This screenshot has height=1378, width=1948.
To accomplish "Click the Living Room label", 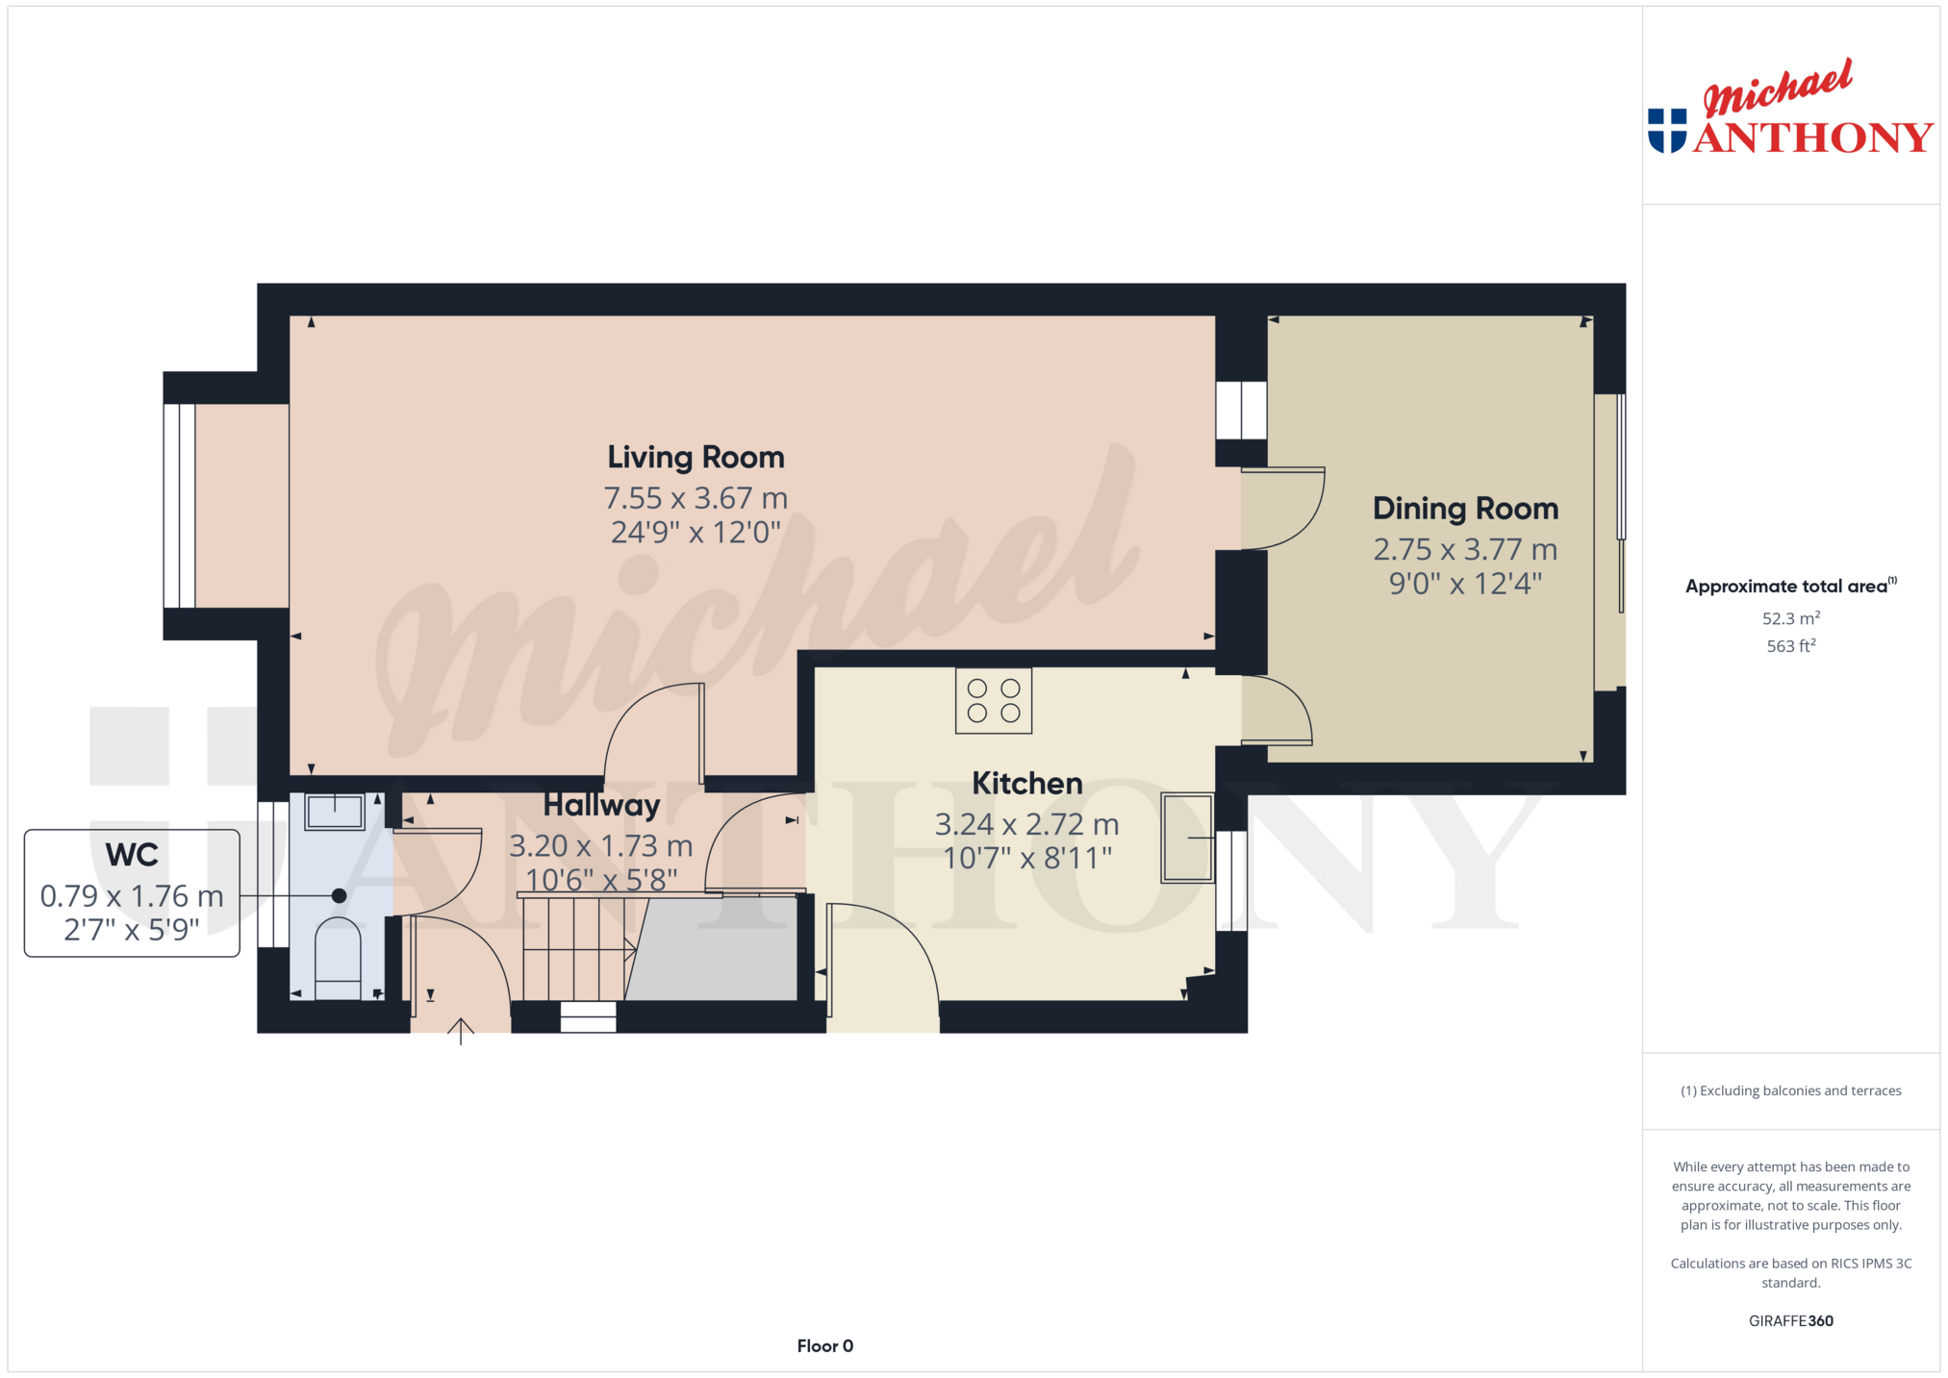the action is pyautogui.click(x=696, y=458).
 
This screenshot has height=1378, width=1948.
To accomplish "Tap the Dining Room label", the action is pyautogui.click(x=1465, y=508).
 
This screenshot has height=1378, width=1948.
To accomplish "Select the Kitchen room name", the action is pyautogui.click(x=1026, y=783).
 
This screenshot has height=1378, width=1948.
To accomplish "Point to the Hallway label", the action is pyautogui.click(x=601, y=805).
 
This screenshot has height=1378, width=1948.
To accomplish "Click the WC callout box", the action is pyautogui.click(x=132, y=892).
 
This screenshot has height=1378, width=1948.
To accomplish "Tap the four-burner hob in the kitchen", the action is pyautogui.click(x=994, y=701).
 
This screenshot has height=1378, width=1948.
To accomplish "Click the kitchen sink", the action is pyautogui.click(x=1188, y=837).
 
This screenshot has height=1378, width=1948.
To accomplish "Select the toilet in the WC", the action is pyautogui.click(x=338, y=958).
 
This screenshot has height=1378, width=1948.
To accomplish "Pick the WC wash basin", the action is pyautogui.click(x=335, y=812).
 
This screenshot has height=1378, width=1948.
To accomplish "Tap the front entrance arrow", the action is pyautogui.click(x=461, y=1031).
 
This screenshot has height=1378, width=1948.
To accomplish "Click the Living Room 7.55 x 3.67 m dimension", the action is pyautogui.click(x=696, y=498).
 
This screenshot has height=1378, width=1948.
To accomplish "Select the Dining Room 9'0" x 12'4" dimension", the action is pyautogui.click(x=1465, y=583).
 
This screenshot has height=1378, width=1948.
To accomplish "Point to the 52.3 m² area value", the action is pyautogui.click(x=1790, y=618).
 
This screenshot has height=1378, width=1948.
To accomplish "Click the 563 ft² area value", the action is pyautogui.click(x=1790, y=646).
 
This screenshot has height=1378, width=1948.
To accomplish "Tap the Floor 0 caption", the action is pyautogui.click(x=824, y=1346).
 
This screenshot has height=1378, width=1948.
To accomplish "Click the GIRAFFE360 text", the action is pyautogui.click(x=1790, y=1321).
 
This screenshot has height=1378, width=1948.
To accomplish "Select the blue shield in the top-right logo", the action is pyautogui.click(x=1667, y=131).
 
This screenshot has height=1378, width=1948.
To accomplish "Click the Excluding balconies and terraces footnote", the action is pyautogui.click(x=1790, y=1090).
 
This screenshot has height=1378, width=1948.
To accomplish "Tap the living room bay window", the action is pyautogui.click(x=179, y=506).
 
